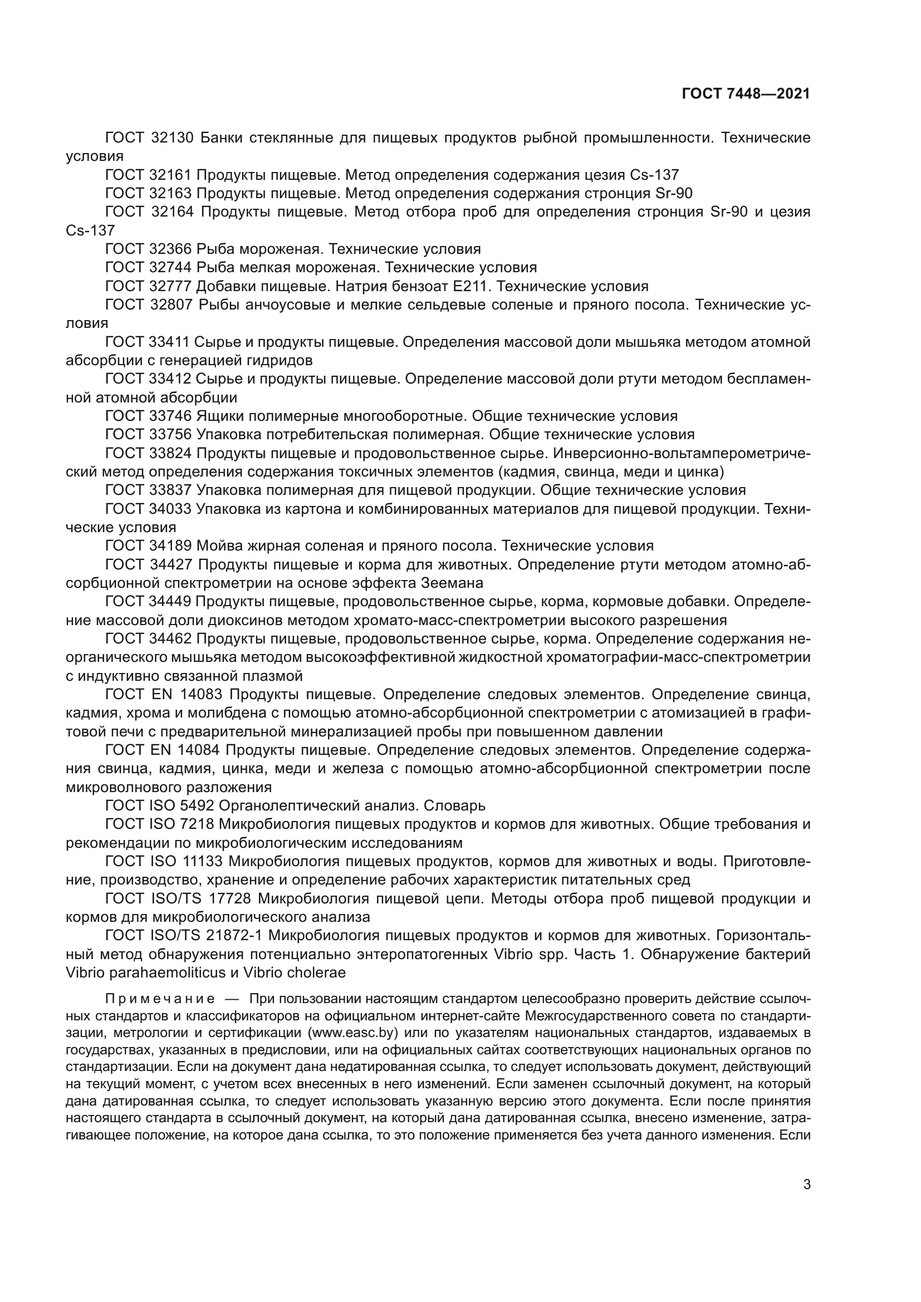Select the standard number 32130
tap(173, 138)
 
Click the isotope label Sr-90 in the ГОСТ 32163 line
tap(674, 193)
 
